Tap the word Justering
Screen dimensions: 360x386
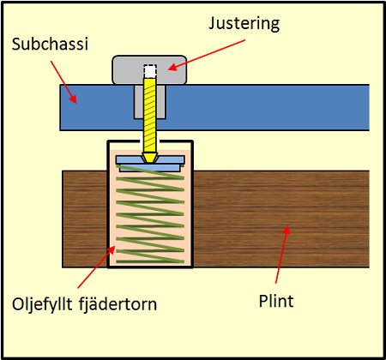tap(244, 24)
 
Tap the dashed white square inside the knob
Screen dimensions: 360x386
tap(149, 71)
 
